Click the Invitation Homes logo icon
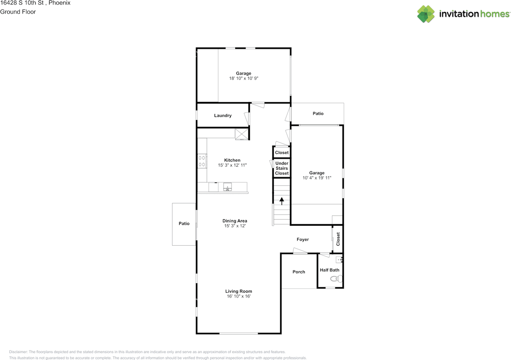(426, 14)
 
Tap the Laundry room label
(223, 115)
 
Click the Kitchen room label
(232, 160)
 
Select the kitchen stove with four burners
(202, 161)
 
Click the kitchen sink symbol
(228, 187)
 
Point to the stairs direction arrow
(282, 201)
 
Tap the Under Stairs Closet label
(282, 168)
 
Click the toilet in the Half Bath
(336, 278)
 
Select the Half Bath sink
(339, 260)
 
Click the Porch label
(299, 272)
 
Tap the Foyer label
(303, 239)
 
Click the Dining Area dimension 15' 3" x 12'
(235, 226)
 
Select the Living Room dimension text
(239, 296)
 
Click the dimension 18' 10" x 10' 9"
(244, 78)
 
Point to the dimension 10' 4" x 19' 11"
(317, 178)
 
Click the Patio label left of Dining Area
(184, 223)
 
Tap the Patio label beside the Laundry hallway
(318, 113)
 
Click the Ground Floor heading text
(18, 12)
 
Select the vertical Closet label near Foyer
(338, 239)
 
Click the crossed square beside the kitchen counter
(242, 134)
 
